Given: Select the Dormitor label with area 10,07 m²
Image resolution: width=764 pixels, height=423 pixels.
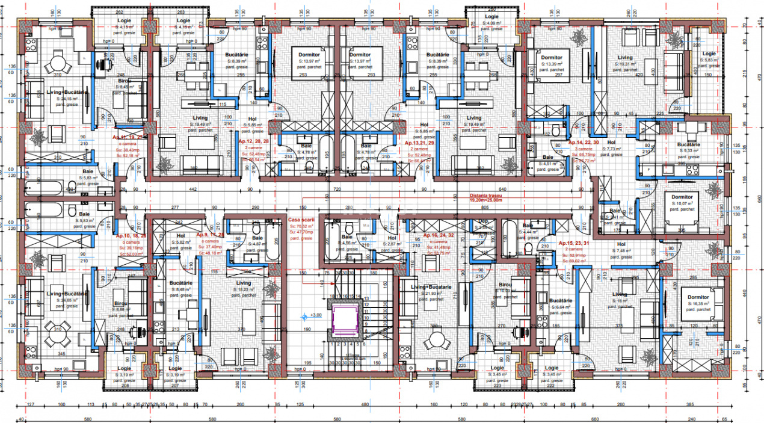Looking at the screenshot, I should (x=682, y=197).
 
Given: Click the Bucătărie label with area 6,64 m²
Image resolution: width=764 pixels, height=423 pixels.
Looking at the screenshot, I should (x=559, y=300).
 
